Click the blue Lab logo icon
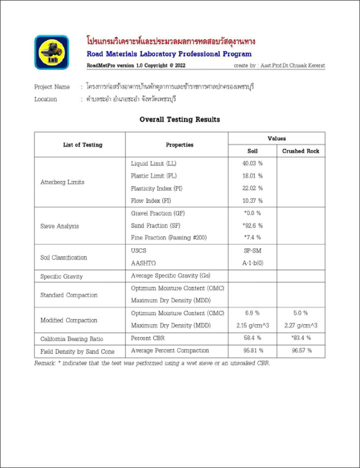tap(51, 51)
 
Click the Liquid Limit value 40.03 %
tap(252, 163)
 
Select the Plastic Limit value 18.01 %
tap(252, 176)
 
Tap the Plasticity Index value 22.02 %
tap(252, 188)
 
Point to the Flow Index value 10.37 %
tap(252, 200)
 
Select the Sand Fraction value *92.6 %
tap(252, 225)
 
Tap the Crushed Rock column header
tap(300, 151)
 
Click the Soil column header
tap(252, 151)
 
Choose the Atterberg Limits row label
tap(62, 182)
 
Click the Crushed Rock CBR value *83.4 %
tap(300, 337)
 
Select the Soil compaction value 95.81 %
tap(252, 350)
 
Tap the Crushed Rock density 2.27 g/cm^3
tap(300, 325)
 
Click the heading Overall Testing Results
tap(179, 119)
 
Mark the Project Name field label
tap(52, 87)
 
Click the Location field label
tap(45, 99)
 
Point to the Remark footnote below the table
tap(152, 363)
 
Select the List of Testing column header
tap(82, 145)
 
